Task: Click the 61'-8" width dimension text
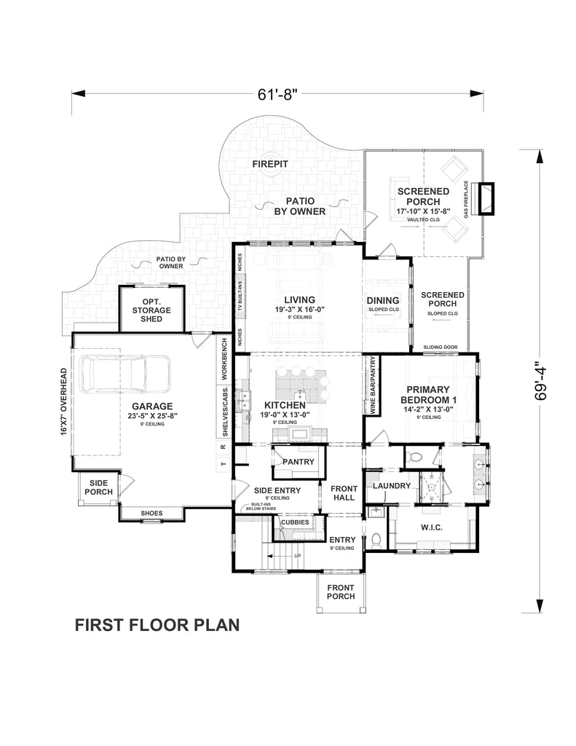(x=278, y=94)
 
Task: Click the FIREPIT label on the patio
(x=270, y=165)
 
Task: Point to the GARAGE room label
(x=152, y=407)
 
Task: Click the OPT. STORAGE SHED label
(x=151, y=310)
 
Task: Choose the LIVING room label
(x=299, y=299)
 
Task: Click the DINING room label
(x=383, y=301)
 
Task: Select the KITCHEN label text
(x=284, y=405)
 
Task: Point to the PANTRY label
(x=299, y=462)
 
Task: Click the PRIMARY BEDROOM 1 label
(x=428, y=394)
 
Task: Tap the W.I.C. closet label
(x=432, y=527)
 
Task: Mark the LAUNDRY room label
(x=392, y=486)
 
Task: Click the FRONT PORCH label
(x=340, y=592)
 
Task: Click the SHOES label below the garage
(x=151, y=514)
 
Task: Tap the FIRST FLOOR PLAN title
(x=157, y=625)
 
